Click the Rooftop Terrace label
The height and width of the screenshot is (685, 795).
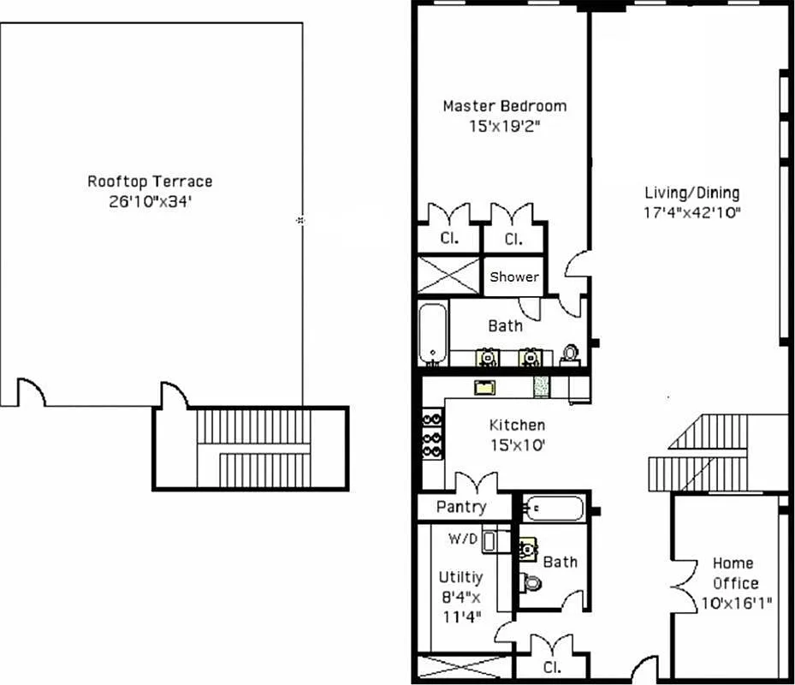tap(150, 182)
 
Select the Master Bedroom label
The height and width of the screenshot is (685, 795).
tap(504, 106)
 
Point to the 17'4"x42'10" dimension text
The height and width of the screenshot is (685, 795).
tap(691, 212)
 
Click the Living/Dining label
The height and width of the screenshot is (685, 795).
tap(691, 193)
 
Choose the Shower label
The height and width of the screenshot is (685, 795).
tap(513, 277)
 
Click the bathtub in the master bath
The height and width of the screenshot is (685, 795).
tap(432, 333)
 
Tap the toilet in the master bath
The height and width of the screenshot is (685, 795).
tap(570, 355)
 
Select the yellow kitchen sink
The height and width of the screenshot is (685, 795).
tap(486, 387)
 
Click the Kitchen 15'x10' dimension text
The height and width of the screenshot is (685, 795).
tap(517, 444)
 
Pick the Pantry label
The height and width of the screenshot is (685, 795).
tap(461, 507)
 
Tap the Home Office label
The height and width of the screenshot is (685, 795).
tap(733, 573)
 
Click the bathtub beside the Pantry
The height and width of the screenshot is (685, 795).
tap(554, 509)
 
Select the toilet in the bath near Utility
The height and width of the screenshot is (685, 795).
tap(531, 583)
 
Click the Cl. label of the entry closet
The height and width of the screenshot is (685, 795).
tap(551, 665)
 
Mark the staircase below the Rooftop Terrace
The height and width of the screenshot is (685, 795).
tap(251, 448)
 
